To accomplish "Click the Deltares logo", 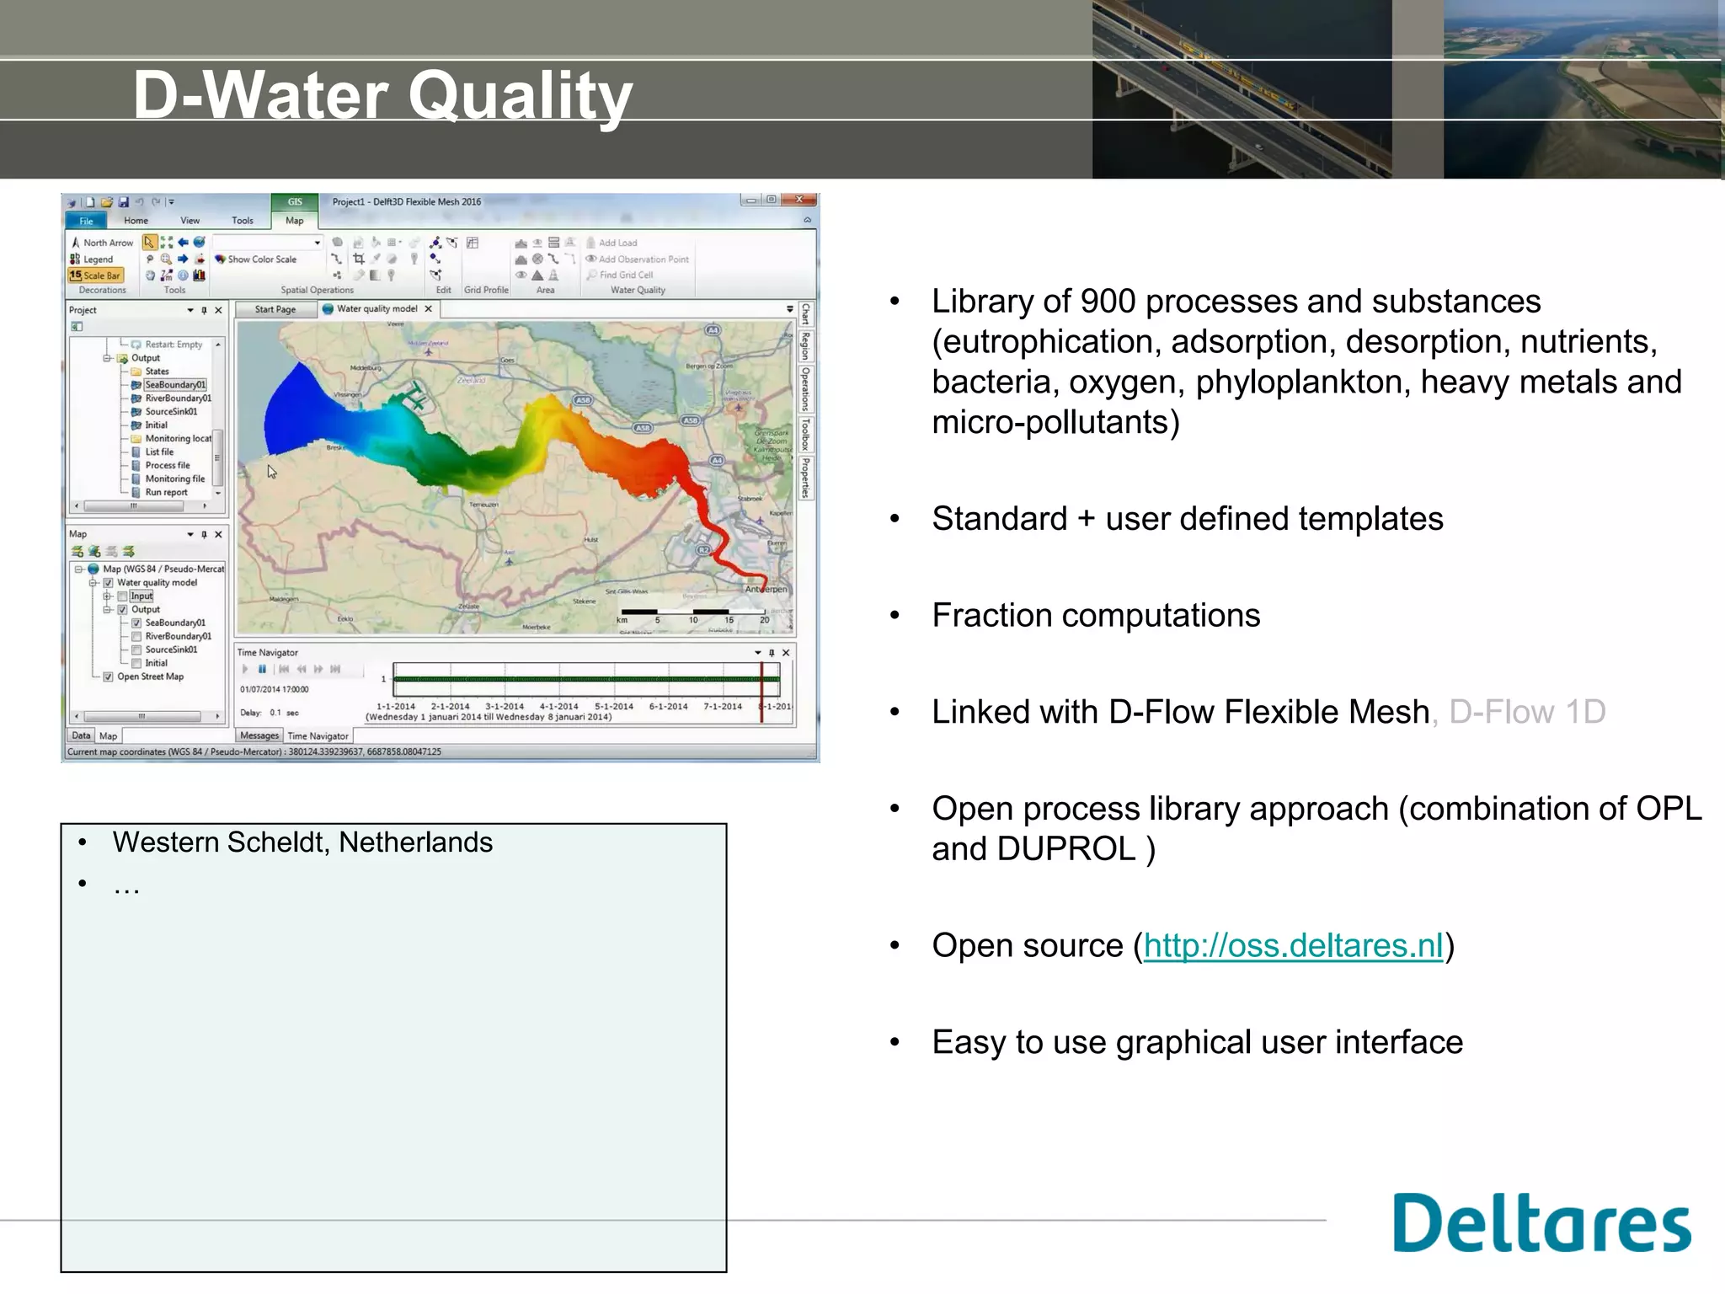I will point(1541,1223).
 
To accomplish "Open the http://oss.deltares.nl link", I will point(1293,946).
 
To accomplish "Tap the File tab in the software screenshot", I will point(86,221).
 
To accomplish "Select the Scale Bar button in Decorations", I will point(95,275).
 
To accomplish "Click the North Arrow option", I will point(102,243).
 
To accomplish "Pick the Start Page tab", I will point(275,309).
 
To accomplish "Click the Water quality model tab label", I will point(377,309).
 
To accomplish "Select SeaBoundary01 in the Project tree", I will point(174,385).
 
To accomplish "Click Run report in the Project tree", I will point(166,493).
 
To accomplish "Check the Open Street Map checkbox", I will point(108,676).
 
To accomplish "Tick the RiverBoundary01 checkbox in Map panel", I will point(136,637).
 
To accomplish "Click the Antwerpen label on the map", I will point(766,589).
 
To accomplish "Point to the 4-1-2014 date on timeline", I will point(558,707).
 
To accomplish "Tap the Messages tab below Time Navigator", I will point(259,736).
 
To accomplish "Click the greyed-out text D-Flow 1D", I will point(1527,713).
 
